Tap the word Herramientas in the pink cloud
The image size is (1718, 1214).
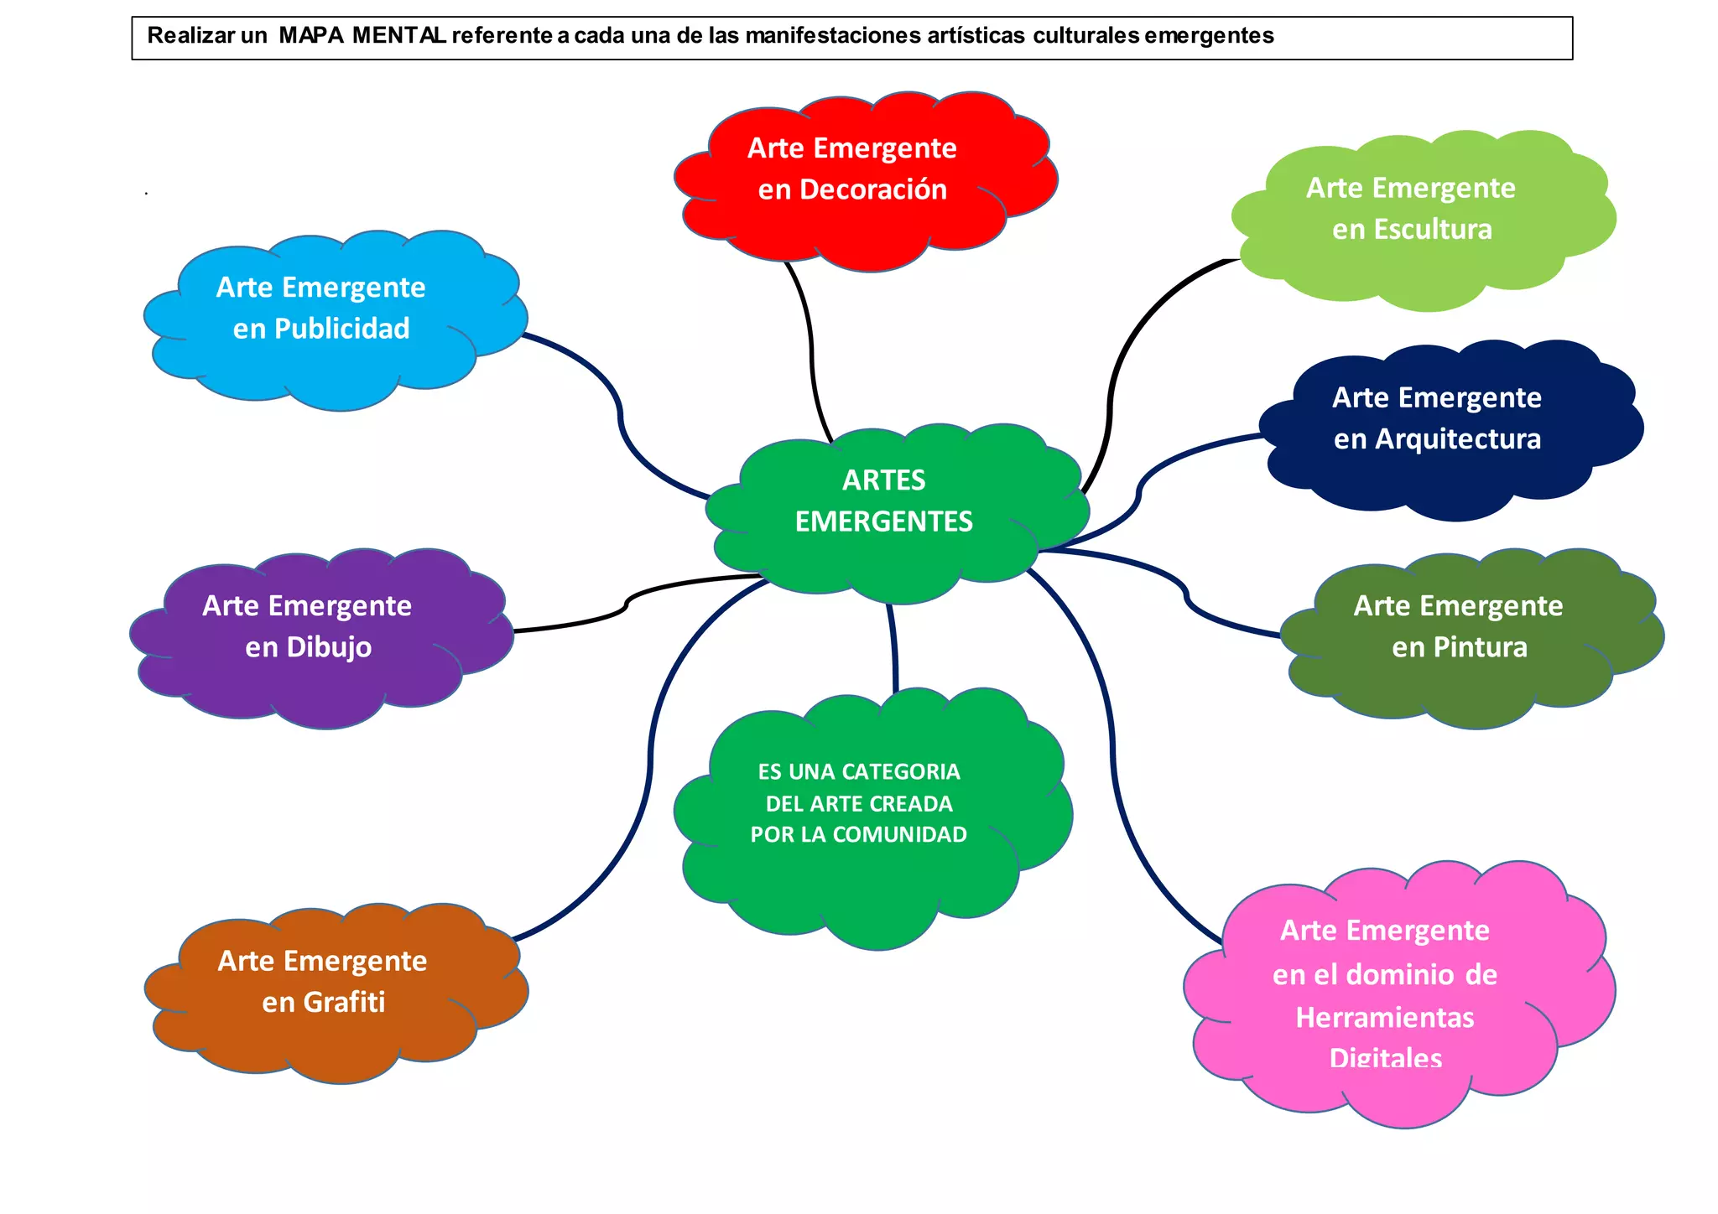pos(1385,1018)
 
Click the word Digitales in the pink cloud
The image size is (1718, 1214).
pos(1386,1058)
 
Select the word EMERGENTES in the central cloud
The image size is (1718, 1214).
pos(884,521)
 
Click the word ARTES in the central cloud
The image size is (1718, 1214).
pos(884,480)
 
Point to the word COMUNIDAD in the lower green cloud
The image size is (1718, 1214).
pos(899,835)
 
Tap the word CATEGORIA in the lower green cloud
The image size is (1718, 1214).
pos(900,772)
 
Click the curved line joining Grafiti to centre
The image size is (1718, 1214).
pos(650,755)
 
